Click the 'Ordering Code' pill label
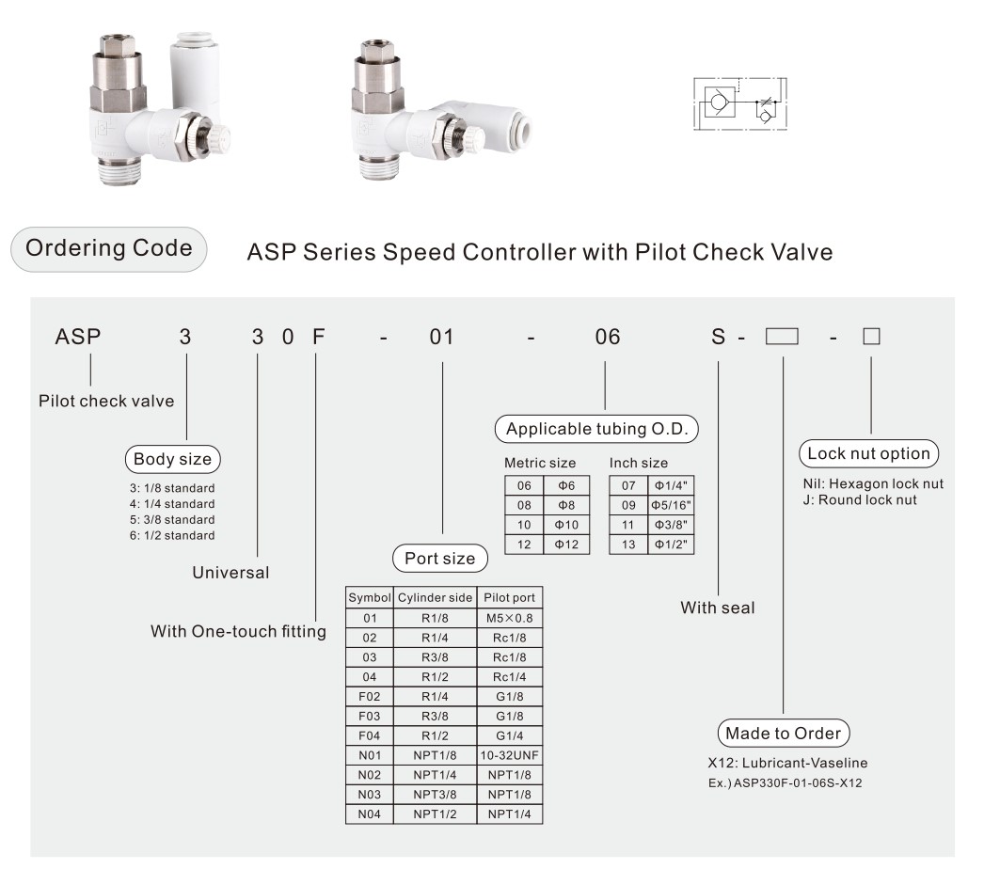click(108, 249)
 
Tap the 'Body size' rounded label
click(172, 459)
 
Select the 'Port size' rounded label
click(440, 559)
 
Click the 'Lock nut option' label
click(868, 453)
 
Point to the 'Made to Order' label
click(784, 734)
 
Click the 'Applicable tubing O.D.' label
click(596, 429)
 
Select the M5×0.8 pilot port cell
click(510, 618)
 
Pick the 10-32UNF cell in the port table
click(510, 755)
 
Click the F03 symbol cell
click(370, 716)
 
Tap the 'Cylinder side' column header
click(435, 598)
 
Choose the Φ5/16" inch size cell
click(671, 505)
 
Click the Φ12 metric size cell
click(566, 545)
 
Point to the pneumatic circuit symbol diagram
click(740, 104)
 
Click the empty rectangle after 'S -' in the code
click(782, 337)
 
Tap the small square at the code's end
click(872, 337)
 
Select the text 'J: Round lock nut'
click(860, 500)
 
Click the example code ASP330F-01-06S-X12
click(798, 783)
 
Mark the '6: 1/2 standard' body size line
click(172, 536)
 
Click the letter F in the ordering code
click(318, 337)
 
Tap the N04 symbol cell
click(370, 814)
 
